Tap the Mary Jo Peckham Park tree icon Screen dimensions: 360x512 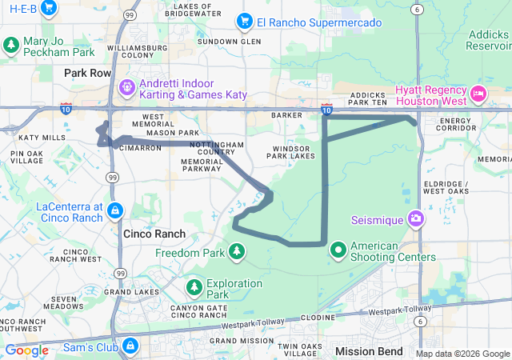[x=11, y=45]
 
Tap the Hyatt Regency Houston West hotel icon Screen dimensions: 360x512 [x=478, y=94]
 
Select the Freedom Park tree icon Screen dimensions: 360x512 [x=237, y=254]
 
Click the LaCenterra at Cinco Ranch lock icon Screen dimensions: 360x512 [x=115, y=211]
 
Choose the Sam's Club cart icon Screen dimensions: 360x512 [x=130, y=346]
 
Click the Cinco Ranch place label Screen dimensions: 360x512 [x=154, y=234]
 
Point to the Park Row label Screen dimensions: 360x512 [x=88, y=73]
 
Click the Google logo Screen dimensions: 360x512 [x=26, y=350]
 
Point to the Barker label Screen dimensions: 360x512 [x=287, y=115]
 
